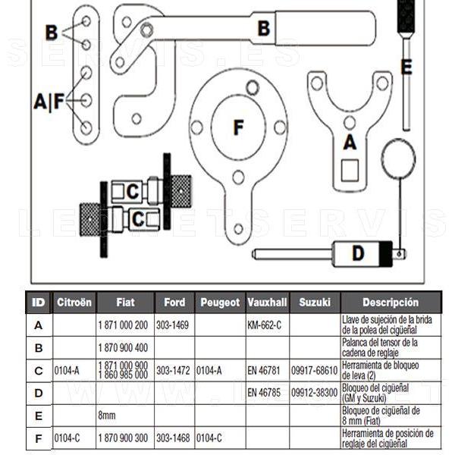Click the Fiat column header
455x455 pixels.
click(x=125, y=303)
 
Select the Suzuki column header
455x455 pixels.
click(x=315, y=303)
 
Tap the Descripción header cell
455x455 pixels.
click(x=390, y=303)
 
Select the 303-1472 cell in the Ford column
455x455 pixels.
click(x=172, y=371)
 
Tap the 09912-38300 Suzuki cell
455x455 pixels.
click(x=315, y=393)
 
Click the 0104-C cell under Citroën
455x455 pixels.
click(x=67, y=438)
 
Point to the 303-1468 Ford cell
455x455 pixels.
click(x=172, y=438)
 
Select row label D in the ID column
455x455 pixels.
click(x=38, y=393)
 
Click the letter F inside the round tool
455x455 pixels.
click(x=238, y=127)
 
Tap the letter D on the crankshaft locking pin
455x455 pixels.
click(x=358, y=253)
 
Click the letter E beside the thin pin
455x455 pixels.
click(x=406, y=67)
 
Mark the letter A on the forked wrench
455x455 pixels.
click(x=350, y=141)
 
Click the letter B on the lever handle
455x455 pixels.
click(x=264, y=29)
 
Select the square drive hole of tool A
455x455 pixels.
click(x=350, y=170)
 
